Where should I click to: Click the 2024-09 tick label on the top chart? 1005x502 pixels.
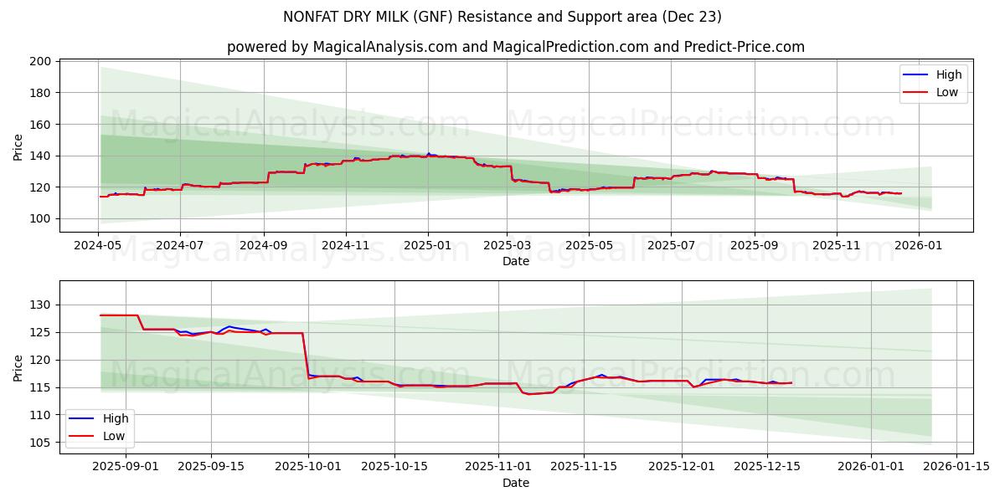point(264,247)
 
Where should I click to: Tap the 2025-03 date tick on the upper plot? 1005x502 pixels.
point(507,247)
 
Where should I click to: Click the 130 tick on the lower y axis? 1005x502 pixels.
point(41,305)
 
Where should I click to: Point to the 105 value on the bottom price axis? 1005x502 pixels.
point(41,442)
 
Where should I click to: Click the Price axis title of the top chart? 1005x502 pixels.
point(18,147)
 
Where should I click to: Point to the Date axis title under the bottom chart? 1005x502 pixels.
point(516,483)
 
